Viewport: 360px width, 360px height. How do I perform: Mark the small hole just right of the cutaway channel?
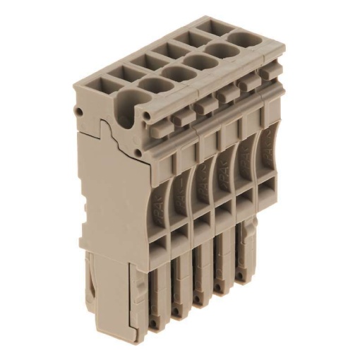pyautogui.click(x=147, y=113)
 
